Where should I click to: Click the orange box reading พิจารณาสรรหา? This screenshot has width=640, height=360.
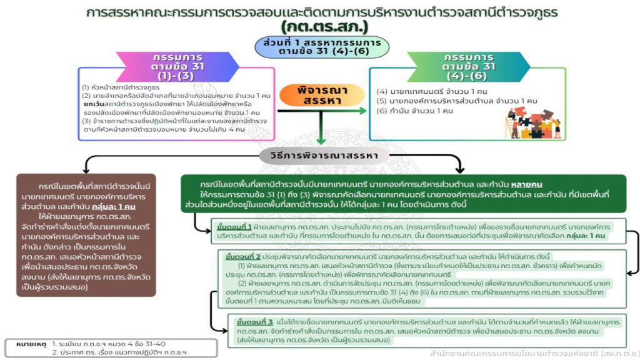[319, 94]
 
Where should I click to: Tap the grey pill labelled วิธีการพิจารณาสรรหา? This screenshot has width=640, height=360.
[321, 155]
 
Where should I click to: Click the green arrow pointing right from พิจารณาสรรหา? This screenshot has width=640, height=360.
[356, 111]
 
